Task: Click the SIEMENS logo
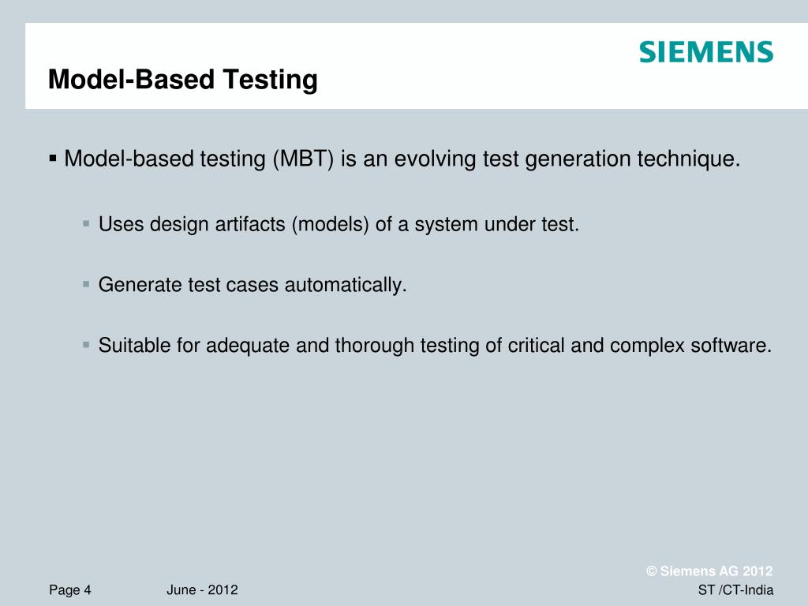click(x=705, y=53)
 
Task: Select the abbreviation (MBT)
click(x=304, y=159)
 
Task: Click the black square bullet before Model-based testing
click(x=53, y=159)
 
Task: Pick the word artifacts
click(x=250, y=225)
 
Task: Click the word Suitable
click(x=129, y=346)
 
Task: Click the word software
click(x=735, y=346)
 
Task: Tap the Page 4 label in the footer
click(x=70, y=590)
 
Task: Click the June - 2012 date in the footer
click(x=203, y=590)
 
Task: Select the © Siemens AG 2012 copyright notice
click(x=709, y=571)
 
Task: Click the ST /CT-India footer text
click(x=735, y=590)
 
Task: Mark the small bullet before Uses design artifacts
click(x=87, y=224)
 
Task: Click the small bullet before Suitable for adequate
click(x=87, y=345)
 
